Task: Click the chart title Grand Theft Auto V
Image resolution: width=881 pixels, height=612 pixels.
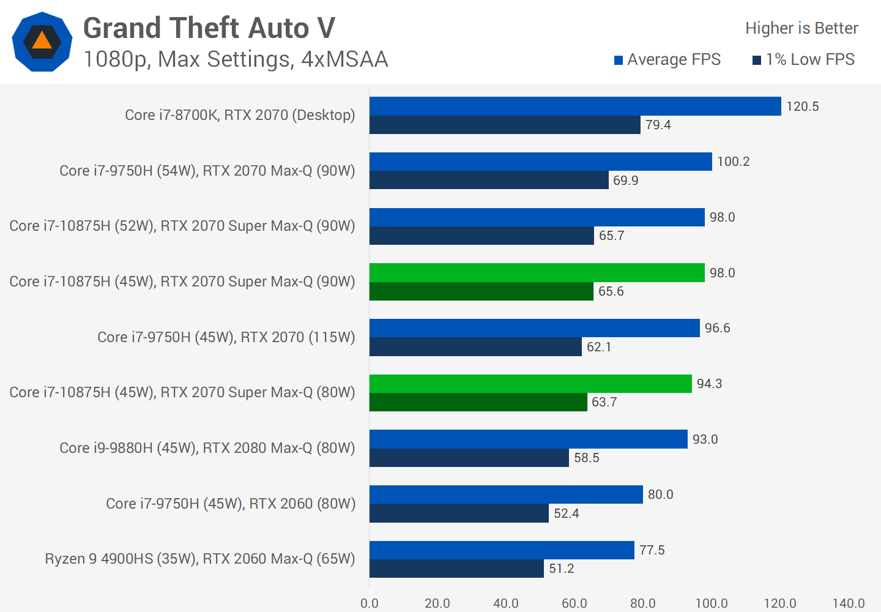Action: point(209,28)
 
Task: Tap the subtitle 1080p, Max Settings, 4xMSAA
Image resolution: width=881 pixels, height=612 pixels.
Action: point(236,59)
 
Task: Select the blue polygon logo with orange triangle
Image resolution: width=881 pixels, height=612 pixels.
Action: point(42,42)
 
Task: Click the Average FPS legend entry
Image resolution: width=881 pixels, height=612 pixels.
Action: point(667,59)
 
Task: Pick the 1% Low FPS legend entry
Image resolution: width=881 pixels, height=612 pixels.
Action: point(804,59)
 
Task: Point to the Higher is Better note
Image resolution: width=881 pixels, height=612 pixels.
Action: point(801,28)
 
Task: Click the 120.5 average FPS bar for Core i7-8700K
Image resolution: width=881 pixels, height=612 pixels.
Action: point(575,106)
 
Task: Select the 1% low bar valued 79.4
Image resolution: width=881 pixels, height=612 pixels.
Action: point(505,125)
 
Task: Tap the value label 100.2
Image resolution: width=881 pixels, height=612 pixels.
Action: point(734,162)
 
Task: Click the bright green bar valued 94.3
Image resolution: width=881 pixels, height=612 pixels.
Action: point(530,384)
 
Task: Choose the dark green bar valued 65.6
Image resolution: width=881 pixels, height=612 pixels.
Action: point(481,291)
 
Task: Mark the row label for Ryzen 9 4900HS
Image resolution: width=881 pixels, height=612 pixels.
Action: point(200,559)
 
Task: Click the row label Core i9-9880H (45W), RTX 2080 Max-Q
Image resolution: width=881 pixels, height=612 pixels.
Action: point(207,448)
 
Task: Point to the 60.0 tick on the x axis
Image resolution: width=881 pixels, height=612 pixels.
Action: point(574,603)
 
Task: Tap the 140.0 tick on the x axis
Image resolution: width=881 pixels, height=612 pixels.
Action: point(849,603)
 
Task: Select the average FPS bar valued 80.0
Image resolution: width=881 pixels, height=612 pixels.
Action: point(506,494)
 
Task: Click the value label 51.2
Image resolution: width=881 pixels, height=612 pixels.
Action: point(562,569)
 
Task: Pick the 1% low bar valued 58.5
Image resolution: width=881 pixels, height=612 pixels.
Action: point(469,458)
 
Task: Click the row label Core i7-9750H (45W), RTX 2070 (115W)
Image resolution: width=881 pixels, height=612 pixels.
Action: point(226,337)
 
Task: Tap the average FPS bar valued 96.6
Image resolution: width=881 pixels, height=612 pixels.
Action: point(534,328)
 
